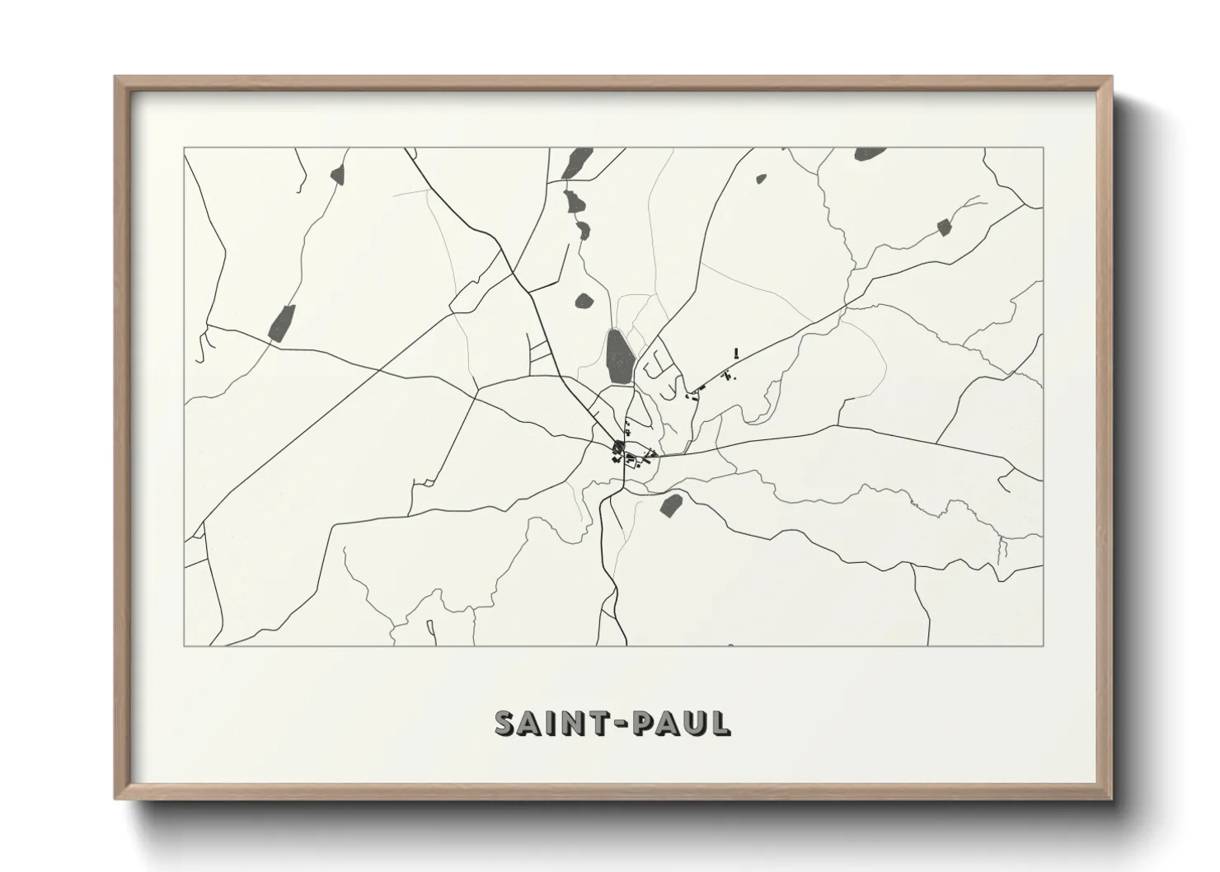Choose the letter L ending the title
pyautogui.click(x=720, y=723)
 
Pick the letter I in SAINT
pyautogui.click(x=549, y=723)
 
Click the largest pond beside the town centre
pyautogui.click(x=619, y=357)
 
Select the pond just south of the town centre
pyautogui.click(x=671, y=504)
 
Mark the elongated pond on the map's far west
pyautogui.click(x=282, y=322)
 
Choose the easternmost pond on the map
pyautogui.click(x=945, y=227)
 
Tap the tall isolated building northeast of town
pyautogui.click(x=736, y=353)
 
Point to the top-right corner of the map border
pyautogui.click(x=1043, y=148)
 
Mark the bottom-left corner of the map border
pyautogui.click(x=185, y=645)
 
